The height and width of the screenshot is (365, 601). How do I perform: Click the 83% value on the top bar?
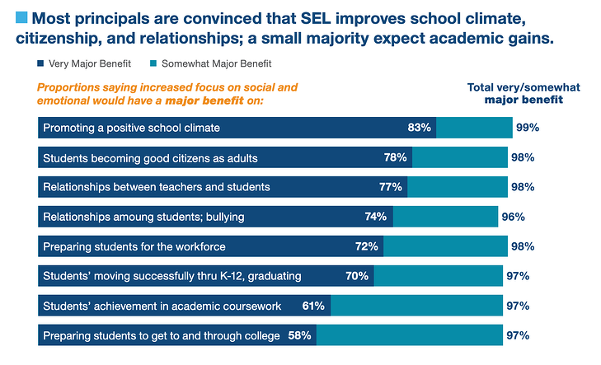click(419, 128)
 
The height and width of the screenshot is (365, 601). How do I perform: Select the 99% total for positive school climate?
click(527, 128)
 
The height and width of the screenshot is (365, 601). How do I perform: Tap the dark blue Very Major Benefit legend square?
click(42, 63)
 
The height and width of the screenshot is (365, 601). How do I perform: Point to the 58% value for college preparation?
click(298, 335)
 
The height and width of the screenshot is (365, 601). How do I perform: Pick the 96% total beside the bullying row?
click(513, 217)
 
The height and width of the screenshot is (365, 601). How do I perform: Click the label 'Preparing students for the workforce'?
click(134, 246)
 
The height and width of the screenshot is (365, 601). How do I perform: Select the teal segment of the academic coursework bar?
click(416, 306)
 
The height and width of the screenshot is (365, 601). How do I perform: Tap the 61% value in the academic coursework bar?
click(313, 306)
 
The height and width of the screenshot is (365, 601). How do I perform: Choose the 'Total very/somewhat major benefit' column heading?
click(522, 93)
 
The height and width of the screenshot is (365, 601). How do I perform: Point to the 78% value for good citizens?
click(395, 157)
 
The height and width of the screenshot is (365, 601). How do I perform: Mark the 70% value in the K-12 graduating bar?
click(357, 276)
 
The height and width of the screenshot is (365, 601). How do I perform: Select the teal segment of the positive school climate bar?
click(474, 128)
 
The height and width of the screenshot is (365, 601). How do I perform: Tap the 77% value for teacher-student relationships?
click(390, 187)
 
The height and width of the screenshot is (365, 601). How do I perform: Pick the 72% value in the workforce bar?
click(366, 246)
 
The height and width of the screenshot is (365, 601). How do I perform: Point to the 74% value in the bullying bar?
click(375, 217)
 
